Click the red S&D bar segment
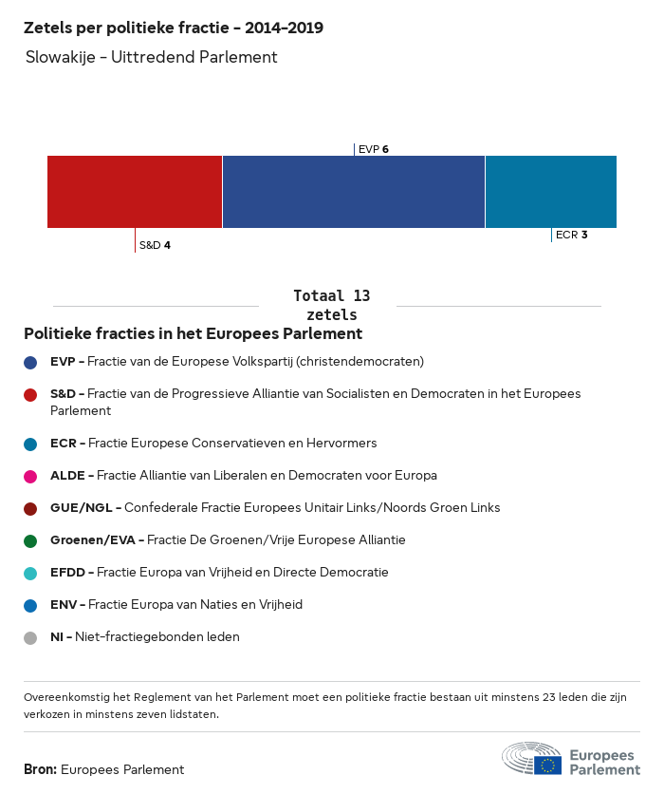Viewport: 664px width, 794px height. click(135, 192)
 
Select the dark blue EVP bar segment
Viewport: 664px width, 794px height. click(353, 192)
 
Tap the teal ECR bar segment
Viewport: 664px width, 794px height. click(550, 192)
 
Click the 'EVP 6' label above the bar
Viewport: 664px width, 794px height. click(374, 149)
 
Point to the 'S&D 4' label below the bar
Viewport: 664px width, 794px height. click(155, 245)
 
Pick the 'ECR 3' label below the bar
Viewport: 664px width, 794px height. click(571, 235)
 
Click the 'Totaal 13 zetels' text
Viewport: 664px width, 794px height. click(332, 305)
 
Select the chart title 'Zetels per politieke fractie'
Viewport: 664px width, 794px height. click(174, 28)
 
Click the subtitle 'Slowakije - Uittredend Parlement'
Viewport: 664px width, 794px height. click(152, 57)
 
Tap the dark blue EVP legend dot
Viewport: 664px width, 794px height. click(30, 362)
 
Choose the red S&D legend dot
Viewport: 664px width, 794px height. click(30, 394)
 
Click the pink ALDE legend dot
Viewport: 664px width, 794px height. click(30, 476)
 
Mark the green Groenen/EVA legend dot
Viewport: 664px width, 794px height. click(30, 540)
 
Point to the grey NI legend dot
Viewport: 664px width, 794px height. click(30, 637)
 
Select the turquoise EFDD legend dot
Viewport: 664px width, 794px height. click(30, 573)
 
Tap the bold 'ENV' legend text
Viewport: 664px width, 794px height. click(65, 605)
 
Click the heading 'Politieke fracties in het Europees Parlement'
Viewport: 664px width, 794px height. click(194, 334)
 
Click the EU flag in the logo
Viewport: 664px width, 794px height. click(547, 765)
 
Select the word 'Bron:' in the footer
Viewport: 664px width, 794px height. click(41, 769)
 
